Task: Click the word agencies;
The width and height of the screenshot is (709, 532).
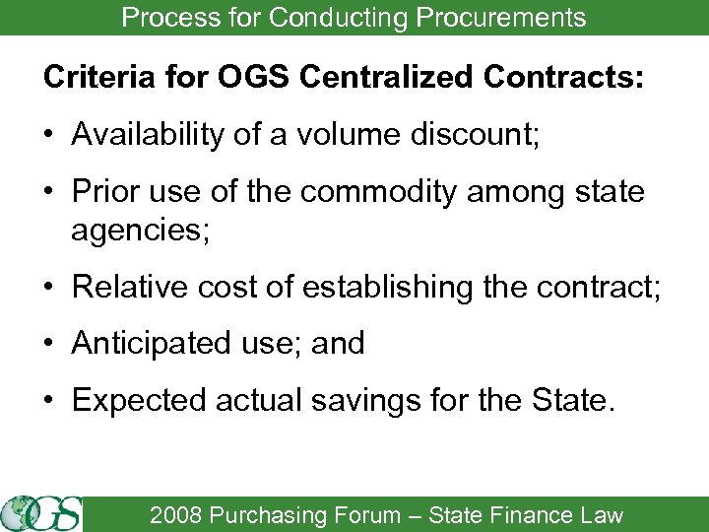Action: [x=135, y=232]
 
